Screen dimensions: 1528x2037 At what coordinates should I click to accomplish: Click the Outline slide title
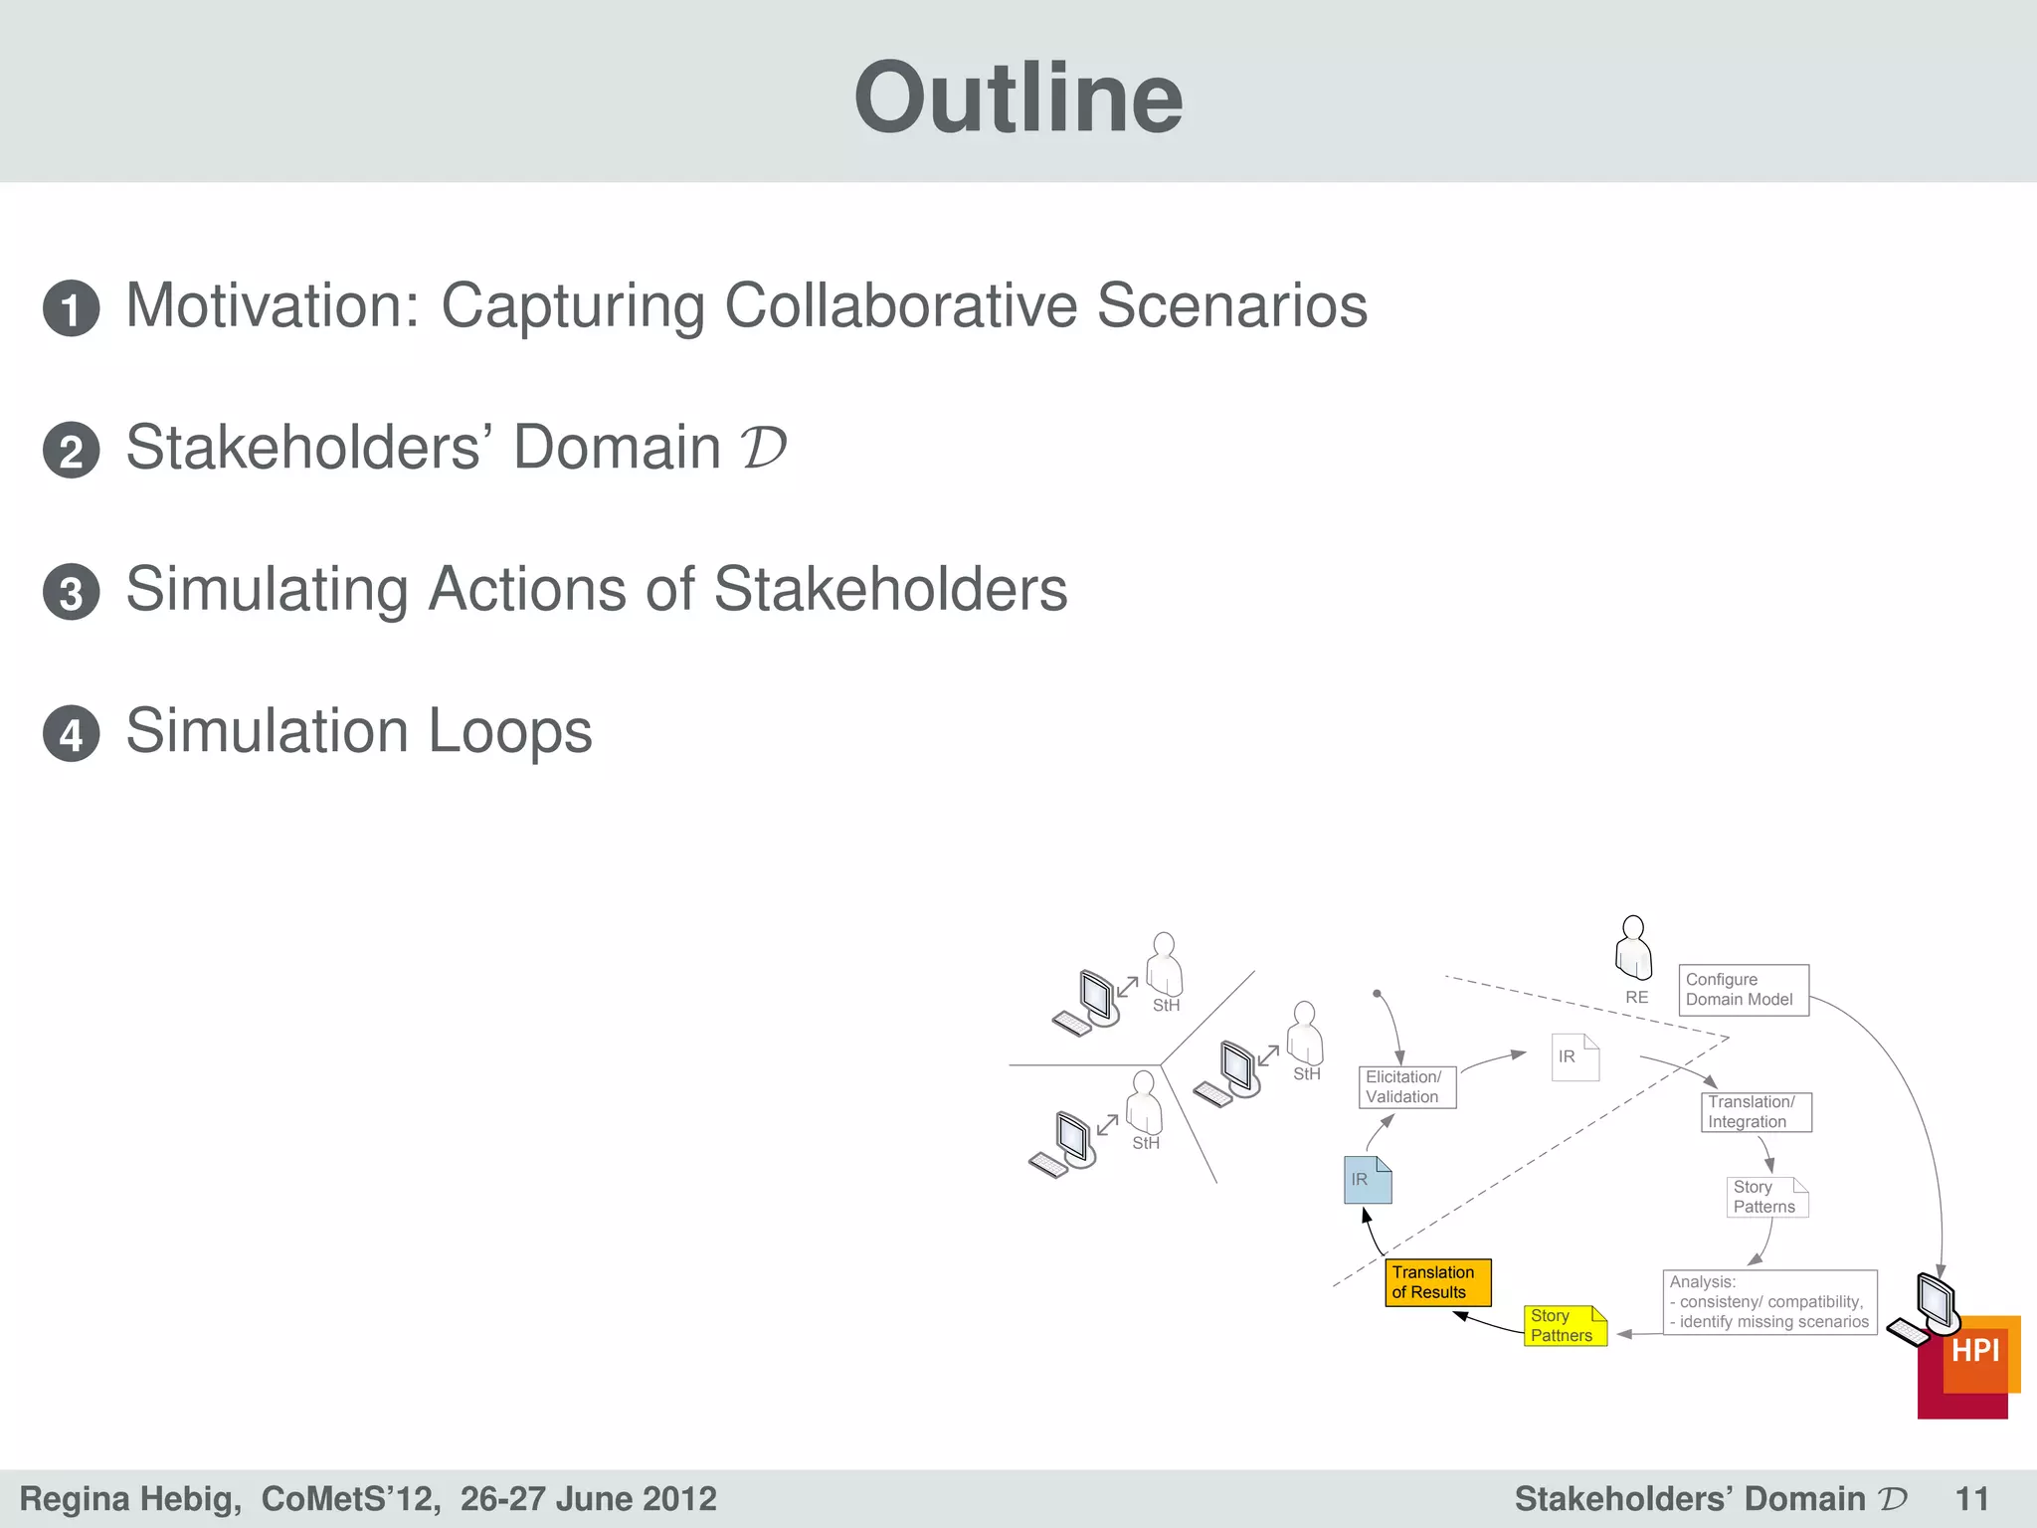tap(1018, 97)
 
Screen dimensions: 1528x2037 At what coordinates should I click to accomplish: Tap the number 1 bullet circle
tap(72, 308)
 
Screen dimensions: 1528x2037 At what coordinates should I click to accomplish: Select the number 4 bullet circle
tap(72, 734)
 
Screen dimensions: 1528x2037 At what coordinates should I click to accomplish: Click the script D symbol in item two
tap(763, 448)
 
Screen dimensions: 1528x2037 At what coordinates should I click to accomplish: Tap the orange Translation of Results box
tap(1437, 1282)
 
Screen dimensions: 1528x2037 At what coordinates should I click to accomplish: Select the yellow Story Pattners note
tap(1565, 1325)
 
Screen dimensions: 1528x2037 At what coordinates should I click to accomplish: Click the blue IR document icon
tap(1368, 1180)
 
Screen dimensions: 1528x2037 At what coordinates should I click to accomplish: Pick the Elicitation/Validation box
tap(1406, 1086)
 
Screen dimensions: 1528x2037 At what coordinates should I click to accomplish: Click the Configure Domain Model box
tap(1743, 990)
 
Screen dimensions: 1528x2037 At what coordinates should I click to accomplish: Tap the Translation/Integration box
tap(1756, 1112)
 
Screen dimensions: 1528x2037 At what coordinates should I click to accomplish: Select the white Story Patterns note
tap(1765, 1197)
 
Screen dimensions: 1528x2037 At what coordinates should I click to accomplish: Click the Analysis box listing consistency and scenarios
tap(1768, 1302)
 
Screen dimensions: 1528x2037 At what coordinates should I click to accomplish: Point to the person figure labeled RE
tap(1633, 949)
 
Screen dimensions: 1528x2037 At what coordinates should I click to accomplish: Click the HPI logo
tap(1973, 1353)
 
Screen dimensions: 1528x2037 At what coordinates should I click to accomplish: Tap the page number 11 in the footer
tap(1971, 1498)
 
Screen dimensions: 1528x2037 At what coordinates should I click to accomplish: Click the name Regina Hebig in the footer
tap(129, 1498)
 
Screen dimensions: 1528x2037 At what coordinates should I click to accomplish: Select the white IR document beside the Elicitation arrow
tap(1574, 1057)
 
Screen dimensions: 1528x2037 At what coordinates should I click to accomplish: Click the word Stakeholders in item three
tap(890, 589)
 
